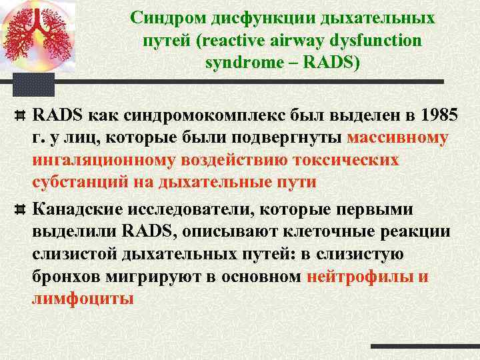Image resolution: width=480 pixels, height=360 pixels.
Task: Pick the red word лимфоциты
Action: point(83,298)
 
